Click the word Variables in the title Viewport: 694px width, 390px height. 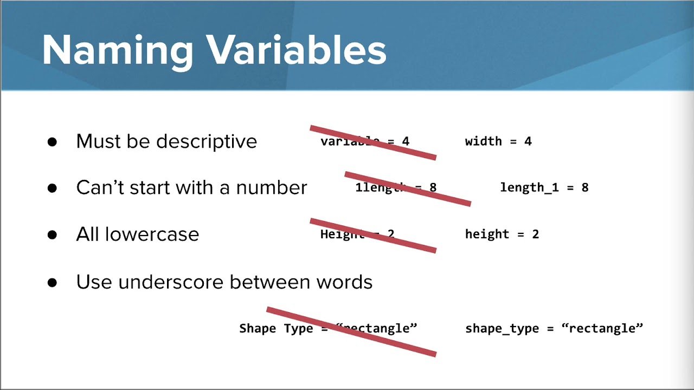tap(297, 51)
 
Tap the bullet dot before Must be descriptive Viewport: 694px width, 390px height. tap(52, 142)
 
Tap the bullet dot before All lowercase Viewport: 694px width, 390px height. tap(52, 235)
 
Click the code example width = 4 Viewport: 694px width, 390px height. tap(498, 141)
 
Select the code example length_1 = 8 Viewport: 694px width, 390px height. tap(544, 187)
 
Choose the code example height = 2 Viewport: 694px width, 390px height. tap(502, 234)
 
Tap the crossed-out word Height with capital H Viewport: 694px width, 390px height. tap(342, 234)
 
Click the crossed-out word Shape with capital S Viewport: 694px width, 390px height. tap(258, 328)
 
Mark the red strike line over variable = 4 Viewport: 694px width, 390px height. tap(373, 142)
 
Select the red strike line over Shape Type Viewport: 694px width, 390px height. tap(351, 331)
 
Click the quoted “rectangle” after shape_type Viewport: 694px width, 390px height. tap(602, 328)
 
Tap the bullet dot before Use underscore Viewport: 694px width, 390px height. tap(52, 283)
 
